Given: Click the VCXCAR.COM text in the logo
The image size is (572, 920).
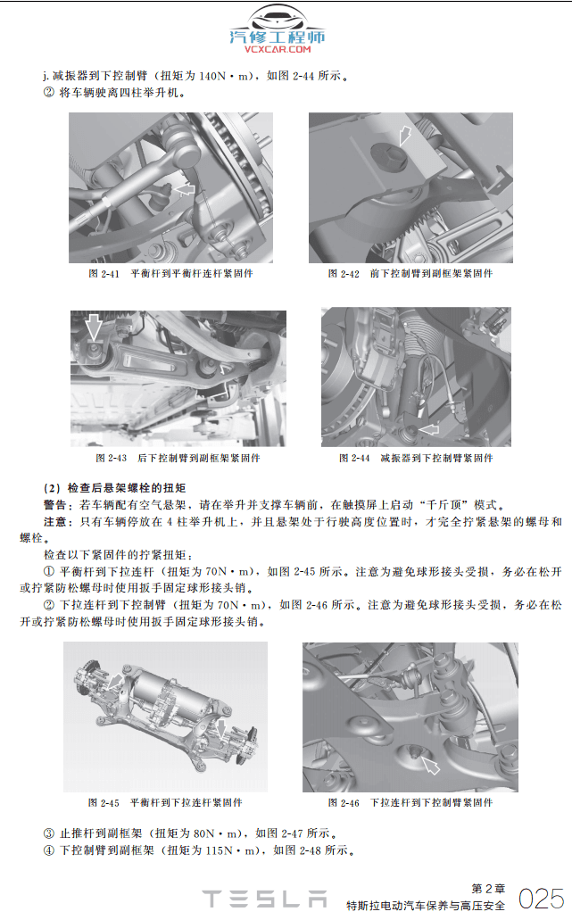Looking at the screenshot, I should click(277, 50).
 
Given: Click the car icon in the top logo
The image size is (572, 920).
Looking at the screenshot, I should click(277, 19).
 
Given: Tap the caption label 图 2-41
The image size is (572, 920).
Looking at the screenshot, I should click(104, 274).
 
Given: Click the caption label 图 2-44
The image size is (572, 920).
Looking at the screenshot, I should click(354, 459).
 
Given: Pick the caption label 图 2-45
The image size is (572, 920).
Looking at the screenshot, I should click(104, 803).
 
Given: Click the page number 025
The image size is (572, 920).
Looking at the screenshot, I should click(541, 898).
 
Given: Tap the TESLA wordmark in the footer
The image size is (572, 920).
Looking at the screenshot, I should click(263, 899).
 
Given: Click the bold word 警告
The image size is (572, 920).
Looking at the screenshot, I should click(55, 504).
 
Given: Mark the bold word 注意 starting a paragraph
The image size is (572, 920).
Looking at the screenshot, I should click(55, 521).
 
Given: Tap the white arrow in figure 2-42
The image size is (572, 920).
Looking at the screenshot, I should click(406, 135).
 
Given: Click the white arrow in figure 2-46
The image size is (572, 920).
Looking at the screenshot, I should click(431, 766).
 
